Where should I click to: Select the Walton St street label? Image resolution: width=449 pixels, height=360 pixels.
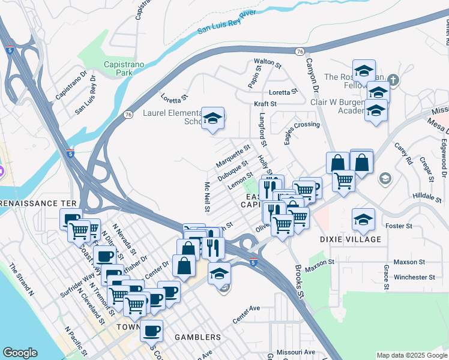268,62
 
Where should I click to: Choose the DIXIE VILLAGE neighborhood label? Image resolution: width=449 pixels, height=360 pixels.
360,239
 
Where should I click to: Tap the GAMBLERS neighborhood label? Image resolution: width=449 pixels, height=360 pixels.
197,337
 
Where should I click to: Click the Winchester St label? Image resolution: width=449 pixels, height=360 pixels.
415,277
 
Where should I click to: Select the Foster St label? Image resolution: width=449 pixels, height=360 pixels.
399,226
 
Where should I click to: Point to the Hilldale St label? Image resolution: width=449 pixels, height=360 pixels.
427,196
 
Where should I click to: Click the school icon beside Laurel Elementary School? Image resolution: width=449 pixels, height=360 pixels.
213,118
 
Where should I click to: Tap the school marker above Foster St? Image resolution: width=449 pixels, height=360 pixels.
364,219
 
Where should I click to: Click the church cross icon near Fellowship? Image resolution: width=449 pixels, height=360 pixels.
393,79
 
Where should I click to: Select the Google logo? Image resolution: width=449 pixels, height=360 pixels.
20,353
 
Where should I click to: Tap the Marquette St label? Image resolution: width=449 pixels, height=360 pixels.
234,156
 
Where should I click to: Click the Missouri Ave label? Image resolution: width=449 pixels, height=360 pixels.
296,352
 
